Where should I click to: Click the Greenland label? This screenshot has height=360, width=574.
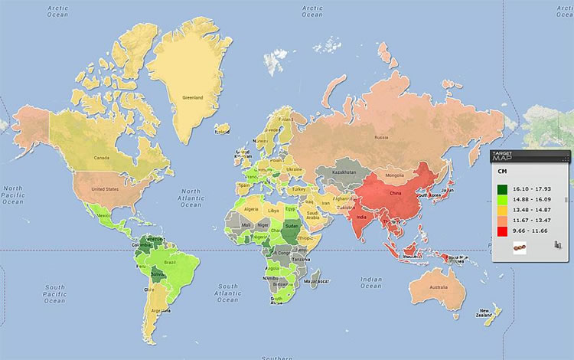[x=193, y=98]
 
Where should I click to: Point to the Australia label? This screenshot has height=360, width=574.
[x=439, y=287]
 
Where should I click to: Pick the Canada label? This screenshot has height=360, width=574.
[x=104, y=159]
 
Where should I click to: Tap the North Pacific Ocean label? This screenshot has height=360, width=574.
[x=14, y=195]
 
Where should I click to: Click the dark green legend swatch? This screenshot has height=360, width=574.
[x=503, y=188]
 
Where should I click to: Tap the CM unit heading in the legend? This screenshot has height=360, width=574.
[x=503, y=173]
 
